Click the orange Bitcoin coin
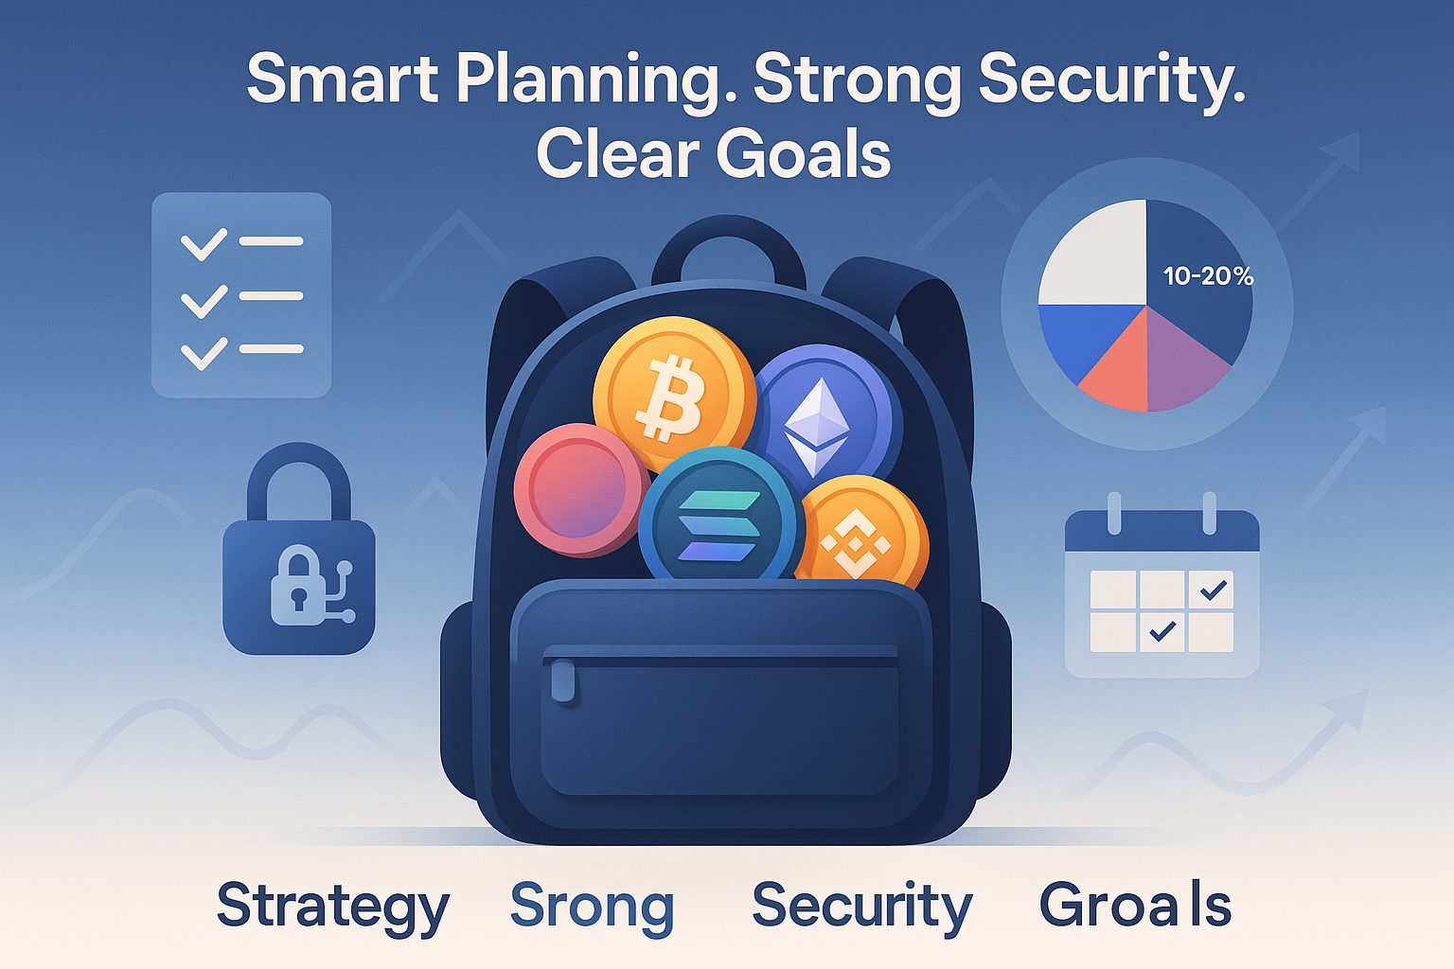point(674,394)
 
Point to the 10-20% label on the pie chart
point(1208,276)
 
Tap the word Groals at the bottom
point(1135,904)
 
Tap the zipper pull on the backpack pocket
point(563,680)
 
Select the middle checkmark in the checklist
point(204,301)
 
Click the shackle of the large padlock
point(299,482)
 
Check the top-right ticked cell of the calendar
point(1212,590)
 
